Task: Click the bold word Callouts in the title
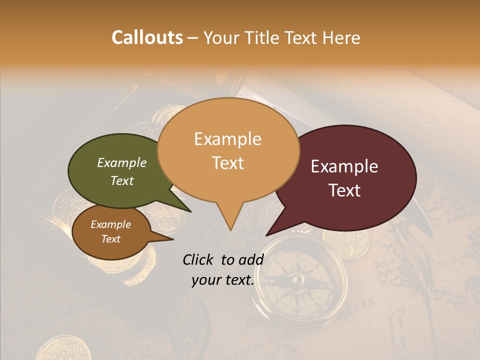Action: pos(147,37)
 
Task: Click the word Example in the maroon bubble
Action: pos(344,166)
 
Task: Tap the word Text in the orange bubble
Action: pos(228,163)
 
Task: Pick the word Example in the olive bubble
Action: pos(121,162)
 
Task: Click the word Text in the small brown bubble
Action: pos(111,239)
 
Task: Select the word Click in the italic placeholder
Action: pos(199,259)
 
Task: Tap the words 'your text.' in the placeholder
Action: pos(222,280)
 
